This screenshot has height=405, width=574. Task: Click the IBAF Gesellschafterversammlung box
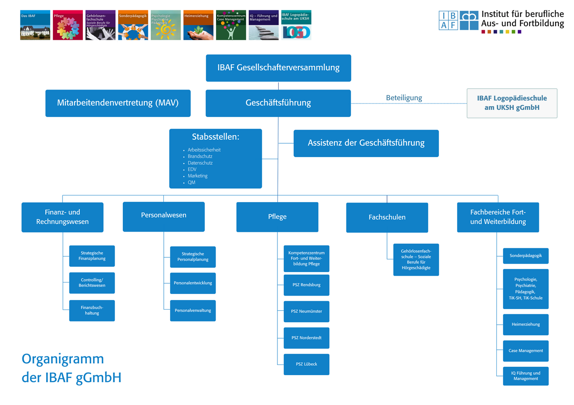point(278,68)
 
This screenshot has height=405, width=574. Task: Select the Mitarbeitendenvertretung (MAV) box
point(118,103)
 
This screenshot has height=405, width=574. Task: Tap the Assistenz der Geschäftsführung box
point(366,143)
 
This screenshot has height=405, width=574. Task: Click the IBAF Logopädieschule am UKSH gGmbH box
point(512,103)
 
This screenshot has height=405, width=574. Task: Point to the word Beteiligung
point(404,98)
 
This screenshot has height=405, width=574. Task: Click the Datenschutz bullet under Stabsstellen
point(200,163)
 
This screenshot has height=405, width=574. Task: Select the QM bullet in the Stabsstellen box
point(192,183)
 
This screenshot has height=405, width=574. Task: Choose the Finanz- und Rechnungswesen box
point(63,217)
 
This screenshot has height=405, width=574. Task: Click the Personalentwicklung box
point(193,283)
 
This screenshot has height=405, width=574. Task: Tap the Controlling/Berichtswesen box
point(92,283)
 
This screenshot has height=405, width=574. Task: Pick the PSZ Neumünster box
point(307,312)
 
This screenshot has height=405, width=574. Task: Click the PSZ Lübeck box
point(307,364)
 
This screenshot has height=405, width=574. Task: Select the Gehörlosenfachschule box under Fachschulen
point(416,260)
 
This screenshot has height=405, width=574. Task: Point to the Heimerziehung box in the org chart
point(526,325)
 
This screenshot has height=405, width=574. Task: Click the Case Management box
point(526,351)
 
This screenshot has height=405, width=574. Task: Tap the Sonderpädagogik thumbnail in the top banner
point(133,25)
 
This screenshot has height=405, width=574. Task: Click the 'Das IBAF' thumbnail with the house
point(35,25)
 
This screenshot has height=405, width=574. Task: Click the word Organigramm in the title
point(63,359)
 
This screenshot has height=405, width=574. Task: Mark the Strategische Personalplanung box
point(193,257)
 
